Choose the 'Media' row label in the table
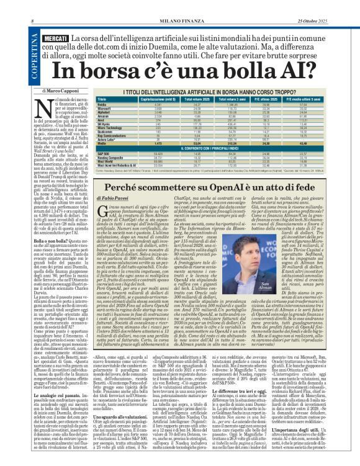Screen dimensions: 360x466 click(102, 143)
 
